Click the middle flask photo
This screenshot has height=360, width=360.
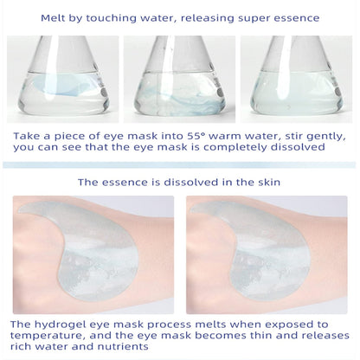(180, 67)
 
